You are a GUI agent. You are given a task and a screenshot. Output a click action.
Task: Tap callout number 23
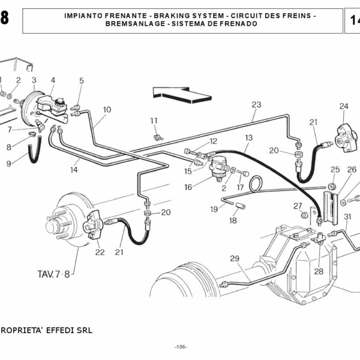click(256, 104)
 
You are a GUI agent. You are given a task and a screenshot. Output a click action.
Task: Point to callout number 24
click(343, 107)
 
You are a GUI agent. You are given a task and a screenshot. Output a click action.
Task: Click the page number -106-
click(181, 347)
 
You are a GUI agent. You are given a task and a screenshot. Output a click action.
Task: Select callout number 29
click(235, 259)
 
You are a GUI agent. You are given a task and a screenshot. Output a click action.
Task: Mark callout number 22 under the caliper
click(100, 252)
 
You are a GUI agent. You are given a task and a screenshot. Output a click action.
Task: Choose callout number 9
click(8, 163)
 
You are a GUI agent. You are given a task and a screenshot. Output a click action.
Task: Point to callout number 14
click(74, 170)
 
